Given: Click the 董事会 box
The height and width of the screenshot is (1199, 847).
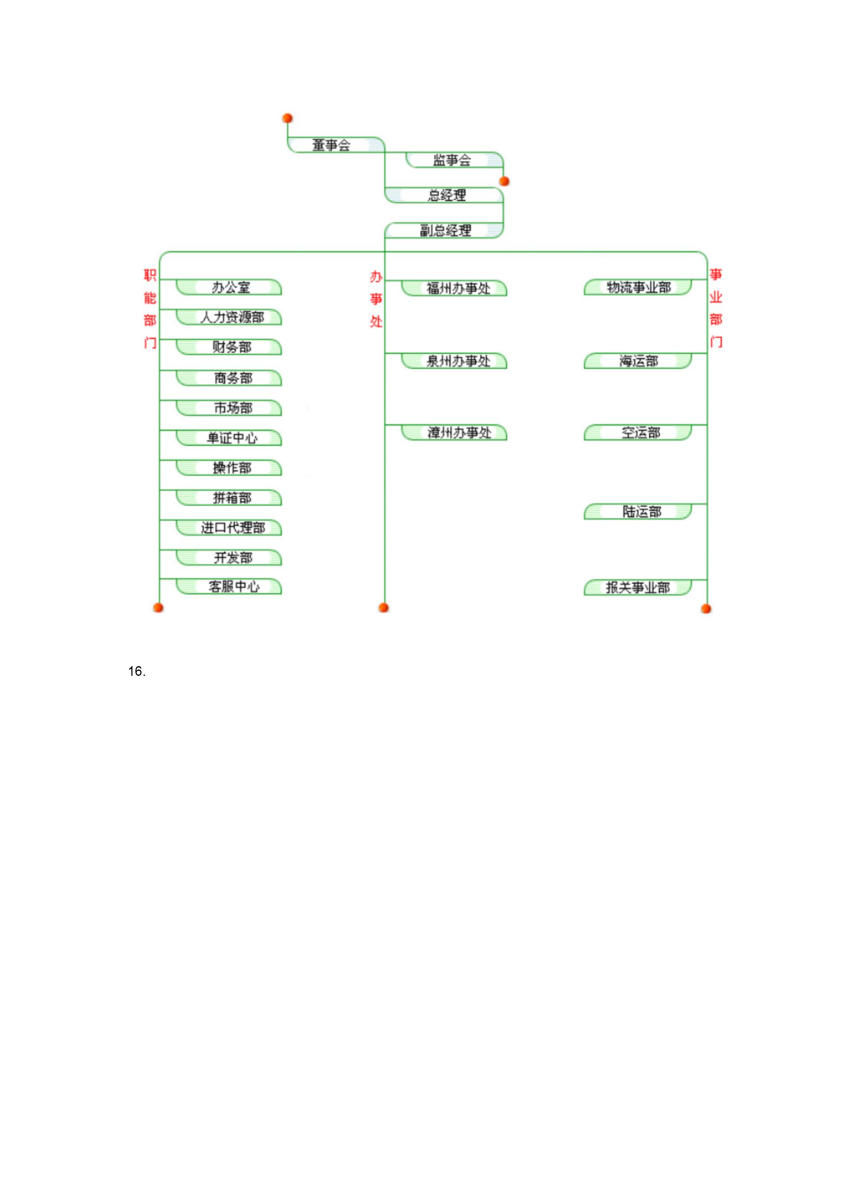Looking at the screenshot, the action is coord(336,145).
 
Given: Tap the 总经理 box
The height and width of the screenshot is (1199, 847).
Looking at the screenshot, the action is coord(444,195).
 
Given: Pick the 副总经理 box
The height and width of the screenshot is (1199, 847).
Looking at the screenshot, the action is coord(444,230).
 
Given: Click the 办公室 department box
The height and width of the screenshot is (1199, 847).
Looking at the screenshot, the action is coord(229,287).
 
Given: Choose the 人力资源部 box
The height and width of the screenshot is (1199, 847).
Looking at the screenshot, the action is coord(229,317).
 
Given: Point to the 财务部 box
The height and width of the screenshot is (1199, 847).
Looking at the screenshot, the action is coord(229,347).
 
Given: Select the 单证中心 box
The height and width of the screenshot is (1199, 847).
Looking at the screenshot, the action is coord(229,438).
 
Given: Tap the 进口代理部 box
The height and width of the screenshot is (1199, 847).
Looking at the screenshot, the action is coord(229,528).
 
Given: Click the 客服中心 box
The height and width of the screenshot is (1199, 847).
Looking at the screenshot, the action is coord(229,587).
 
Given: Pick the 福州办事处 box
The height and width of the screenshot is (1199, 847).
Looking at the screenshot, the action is coord(454,288).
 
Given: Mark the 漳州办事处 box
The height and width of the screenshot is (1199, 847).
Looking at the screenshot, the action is coord(454,433).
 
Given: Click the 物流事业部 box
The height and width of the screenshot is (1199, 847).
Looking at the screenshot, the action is coord(638,287).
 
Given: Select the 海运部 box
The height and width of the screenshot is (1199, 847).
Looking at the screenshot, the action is coord(638,361).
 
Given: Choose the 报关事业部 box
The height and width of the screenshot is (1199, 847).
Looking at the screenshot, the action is coord(638,587).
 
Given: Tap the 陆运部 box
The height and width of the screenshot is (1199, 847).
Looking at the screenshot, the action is coord(638,512).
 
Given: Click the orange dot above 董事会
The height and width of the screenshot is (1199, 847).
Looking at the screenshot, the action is coord(287,118).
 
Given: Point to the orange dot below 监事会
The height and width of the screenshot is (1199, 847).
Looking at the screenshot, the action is coord(504,181).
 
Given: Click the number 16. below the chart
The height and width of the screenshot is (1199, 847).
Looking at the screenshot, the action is coord(137,672).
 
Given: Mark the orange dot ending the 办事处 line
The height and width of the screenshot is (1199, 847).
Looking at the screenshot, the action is coord(384,607).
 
